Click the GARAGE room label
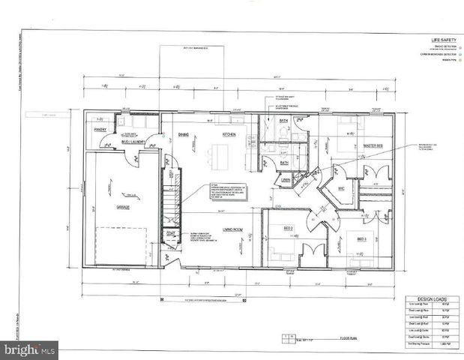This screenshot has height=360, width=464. [122, 207]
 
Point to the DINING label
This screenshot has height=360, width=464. [183, 134]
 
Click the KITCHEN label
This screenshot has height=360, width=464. [229, 134]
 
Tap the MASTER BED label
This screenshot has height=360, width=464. [374, 145]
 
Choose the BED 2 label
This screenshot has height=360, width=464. [287, 227]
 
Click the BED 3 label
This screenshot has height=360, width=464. [361, 239]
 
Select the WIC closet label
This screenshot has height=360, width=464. [341, 187]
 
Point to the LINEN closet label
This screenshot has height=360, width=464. [286, 180]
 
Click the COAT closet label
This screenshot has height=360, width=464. [171, 232]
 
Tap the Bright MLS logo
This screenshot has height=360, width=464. [29, 349]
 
